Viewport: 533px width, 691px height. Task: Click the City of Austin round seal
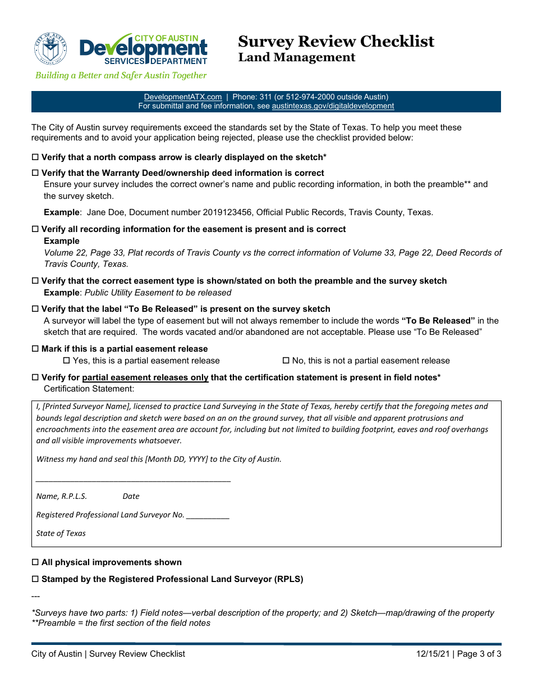coord(50,48)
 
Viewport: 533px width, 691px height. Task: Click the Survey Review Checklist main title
coord(336,42)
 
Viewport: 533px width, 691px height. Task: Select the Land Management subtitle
coord(296,57)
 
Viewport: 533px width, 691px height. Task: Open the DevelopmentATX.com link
coord(183,97)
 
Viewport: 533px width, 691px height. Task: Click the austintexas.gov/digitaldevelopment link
coord(333,106)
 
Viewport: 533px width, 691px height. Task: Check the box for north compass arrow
coord(35,157)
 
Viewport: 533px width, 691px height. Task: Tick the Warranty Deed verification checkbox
coord(35,173)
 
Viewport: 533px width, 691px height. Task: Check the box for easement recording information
coord(35,229)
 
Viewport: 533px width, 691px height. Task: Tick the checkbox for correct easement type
coord(35,281)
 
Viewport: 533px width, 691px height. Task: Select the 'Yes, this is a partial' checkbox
coord(66,361)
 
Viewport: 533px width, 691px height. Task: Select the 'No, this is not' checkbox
coord(286,361)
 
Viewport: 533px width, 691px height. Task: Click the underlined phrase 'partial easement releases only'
coord(145,378)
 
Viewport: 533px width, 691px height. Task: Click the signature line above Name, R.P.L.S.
coord(134,480)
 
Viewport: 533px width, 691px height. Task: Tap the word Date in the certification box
coord(131,496)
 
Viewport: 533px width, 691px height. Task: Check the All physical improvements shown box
coord(35,562)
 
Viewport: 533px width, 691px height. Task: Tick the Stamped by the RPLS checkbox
coord(35,579)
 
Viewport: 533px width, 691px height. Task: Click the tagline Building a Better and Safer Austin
coord(121,75)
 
